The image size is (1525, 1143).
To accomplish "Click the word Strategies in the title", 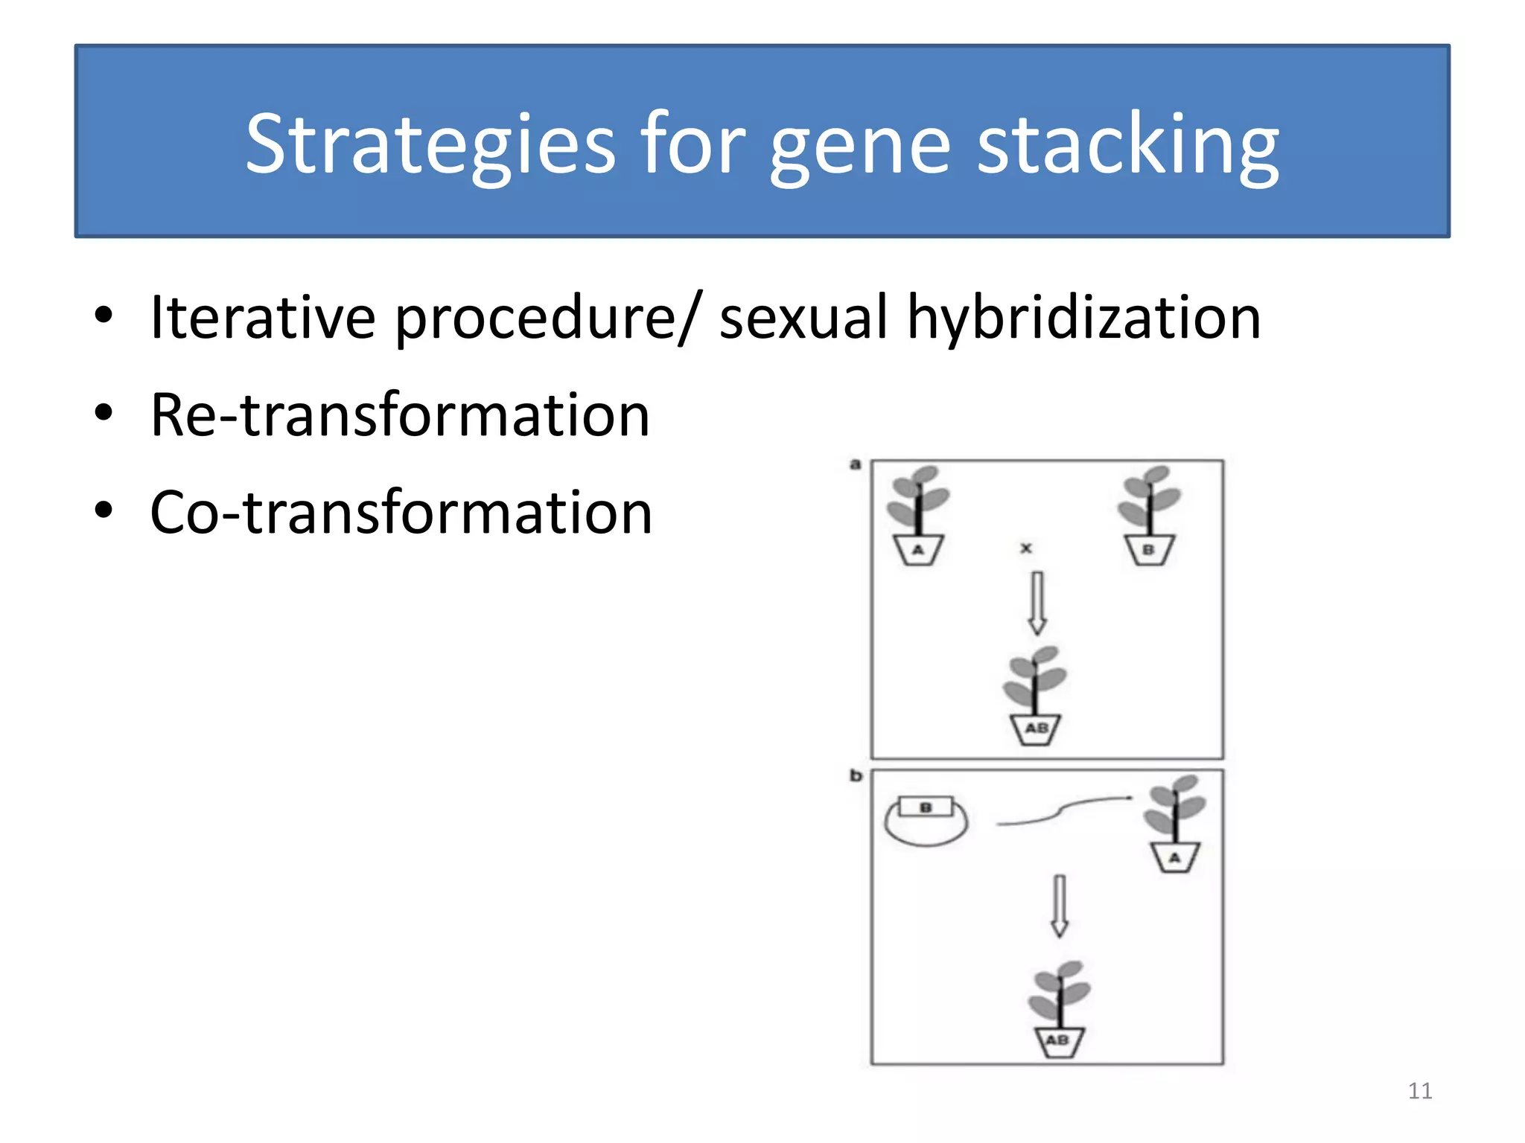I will tap(430, 145).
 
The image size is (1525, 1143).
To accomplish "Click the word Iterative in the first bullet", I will tap(262, 318).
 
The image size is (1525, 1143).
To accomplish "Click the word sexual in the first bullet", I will tap(803, 318).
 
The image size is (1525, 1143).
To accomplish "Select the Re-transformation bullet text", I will tap(400, 415).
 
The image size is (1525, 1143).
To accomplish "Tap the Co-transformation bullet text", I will tap(401, 513).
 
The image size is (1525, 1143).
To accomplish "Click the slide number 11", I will tap(1419, 1091).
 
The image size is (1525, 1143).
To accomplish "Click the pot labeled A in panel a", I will tap(918, 550).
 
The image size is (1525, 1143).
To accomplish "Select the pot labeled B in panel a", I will tap(1149, 550).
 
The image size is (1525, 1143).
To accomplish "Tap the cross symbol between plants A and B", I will tap(1026, 548).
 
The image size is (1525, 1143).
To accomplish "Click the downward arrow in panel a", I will tap(1037, 601).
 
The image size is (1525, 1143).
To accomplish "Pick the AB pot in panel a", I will tap(1035, 729).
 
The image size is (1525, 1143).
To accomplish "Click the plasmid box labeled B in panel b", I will tap(926, 807).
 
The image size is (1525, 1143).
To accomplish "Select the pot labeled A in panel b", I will tap(1174, 857).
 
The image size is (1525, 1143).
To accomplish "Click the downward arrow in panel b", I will tap(1059, 904).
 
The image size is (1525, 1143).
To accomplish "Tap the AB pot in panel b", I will tap(1058, 1040).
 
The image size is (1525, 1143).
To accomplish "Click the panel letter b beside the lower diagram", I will tap(856, 776).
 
